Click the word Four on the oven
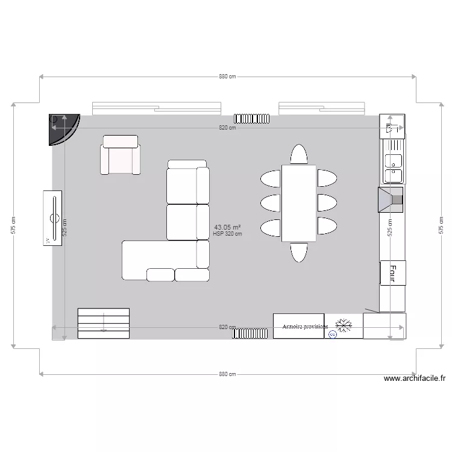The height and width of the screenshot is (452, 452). point(392,272)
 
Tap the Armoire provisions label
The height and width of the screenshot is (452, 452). point(306,326)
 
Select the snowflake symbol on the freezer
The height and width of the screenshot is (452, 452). point(344,325)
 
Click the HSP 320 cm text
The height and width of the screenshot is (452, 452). point(227,234)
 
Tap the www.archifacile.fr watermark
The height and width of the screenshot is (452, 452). point(415,379)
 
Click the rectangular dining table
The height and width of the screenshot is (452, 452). point(298,203)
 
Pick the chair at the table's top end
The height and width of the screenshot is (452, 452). point(298,154)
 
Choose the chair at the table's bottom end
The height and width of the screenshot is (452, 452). point(298,251)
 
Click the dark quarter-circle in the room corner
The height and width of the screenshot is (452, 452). point(61,128)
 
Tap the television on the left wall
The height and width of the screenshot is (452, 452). point(52,218)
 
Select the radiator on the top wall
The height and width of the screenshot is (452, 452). point(251,118)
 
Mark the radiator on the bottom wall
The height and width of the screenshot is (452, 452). point(250,333)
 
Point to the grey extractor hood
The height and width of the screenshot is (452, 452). point(391,199)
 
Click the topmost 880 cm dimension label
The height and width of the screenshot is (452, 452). point(227,77)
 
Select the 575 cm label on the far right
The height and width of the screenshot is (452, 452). point(441,225)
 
